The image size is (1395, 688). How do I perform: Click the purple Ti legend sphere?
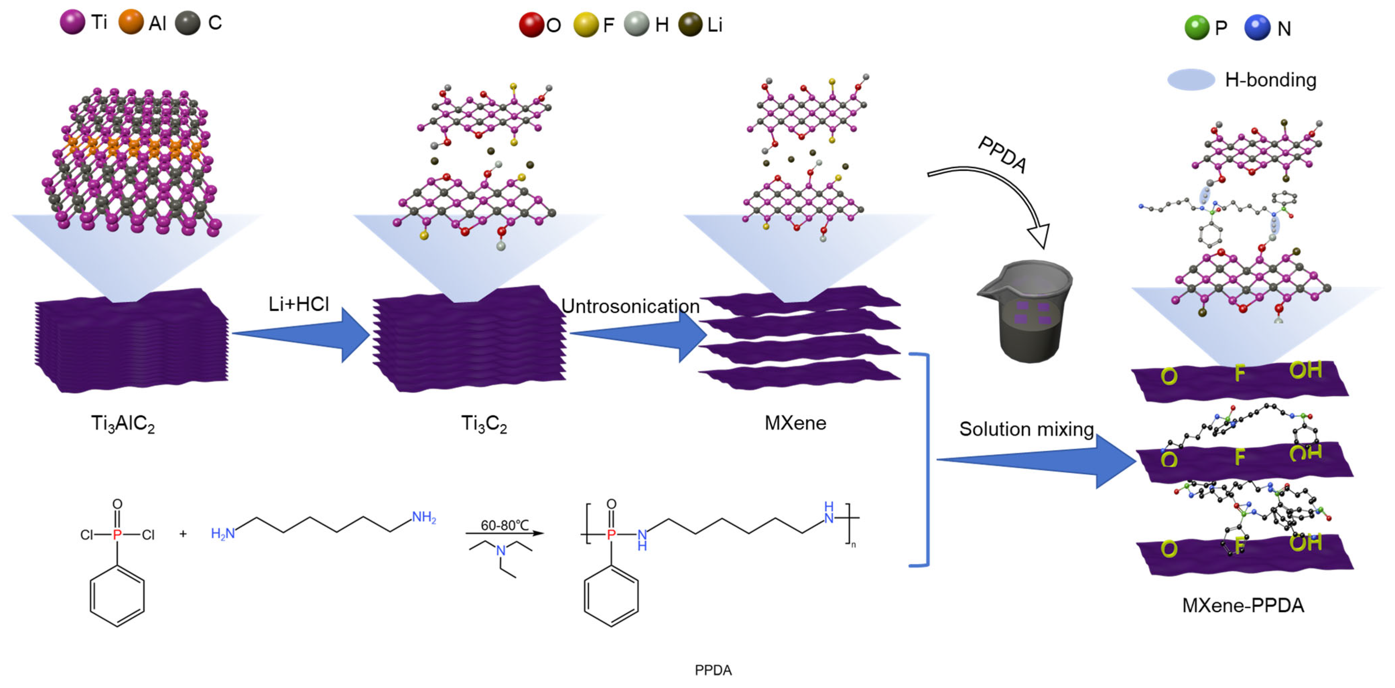tap(72, 22)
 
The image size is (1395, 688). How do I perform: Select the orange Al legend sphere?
tap(131, 22)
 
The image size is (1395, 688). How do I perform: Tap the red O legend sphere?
tap(531, 25)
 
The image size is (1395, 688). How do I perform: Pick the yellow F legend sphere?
tap(586, 25)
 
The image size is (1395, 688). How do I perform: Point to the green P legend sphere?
tap(1196, 27)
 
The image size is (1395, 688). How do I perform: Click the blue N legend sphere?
tap(1257, 27)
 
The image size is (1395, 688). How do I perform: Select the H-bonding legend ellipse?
tap(1191, 80)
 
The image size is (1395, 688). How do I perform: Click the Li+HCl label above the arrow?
tap(298, 304)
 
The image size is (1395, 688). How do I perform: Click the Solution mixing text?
tap(1026, 429)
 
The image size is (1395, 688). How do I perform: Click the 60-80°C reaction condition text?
tap(504, 525)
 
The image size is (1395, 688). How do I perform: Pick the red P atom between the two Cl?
tap(117, 535)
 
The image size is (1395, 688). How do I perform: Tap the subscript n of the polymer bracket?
tap(854, 545)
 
